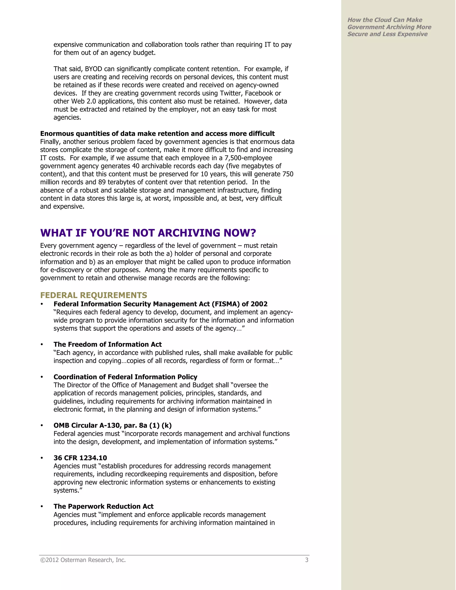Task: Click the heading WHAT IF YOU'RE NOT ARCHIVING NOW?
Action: pos(148,233)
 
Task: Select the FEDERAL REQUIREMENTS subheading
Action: pos(94,295)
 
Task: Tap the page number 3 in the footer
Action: pos(307,560)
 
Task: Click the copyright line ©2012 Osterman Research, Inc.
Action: pos(83,560)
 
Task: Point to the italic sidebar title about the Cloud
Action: pos(389,27)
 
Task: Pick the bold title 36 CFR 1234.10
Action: pos(80,458)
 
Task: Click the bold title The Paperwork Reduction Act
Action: pos(104,506)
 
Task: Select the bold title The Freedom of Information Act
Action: pos(108,344)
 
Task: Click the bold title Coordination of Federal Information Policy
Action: pos(125,377)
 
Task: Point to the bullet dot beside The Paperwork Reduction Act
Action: pos(42,507)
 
